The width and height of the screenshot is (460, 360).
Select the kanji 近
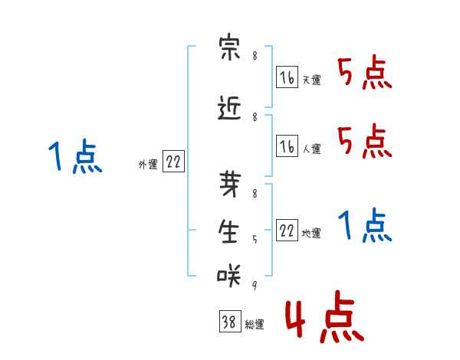[229, 108]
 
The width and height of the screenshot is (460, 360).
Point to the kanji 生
[228, 231]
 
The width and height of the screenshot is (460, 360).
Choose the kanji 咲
[228, 275]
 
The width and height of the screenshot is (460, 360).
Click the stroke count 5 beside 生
[255, 240]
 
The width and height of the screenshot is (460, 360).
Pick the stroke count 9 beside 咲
[255, 285]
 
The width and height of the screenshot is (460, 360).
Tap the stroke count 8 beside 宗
[255, 56]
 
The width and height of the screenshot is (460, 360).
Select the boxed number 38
[230, 321]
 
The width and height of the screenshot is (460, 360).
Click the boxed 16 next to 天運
[287, 77]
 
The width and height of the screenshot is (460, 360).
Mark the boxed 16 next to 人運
[287, 146]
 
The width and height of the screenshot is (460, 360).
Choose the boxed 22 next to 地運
[287, 230]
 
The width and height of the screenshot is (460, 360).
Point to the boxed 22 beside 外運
[174, 161]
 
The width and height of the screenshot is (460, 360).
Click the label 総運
[255, 324]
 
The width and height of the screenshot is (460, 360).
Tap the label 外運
[148, 165]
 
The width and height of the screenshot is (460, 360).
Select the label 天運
[311, 80]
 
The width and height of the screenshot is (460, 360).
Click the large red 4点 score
[324, 316]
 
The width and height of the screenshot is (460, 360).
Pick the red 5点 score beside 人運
[364, 142]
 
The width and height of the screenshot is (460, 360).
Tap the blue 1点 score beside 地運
[364, 225]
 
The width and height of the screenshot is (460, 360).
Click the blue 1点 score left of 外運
[75, 156]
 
